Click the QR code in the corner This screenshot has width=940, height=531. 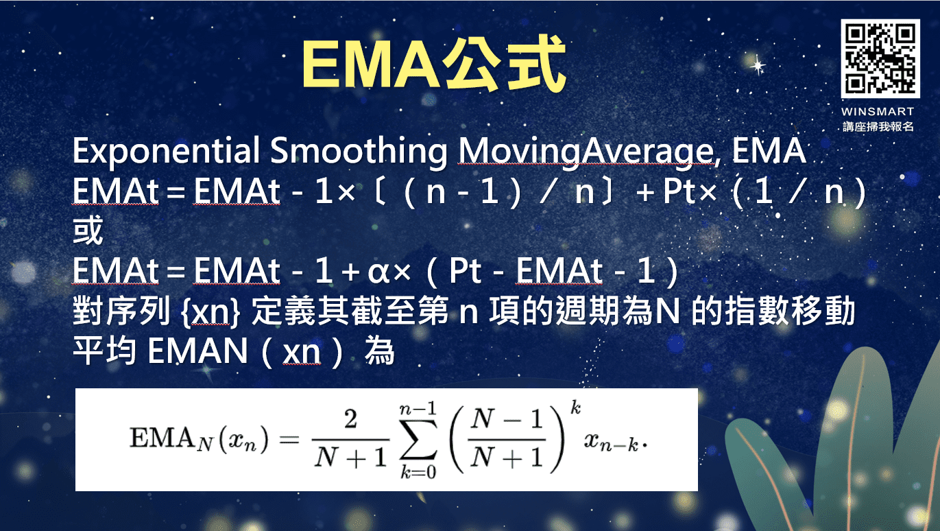pos(880,59)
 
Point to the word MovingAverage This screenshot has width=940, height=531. pos(585,152)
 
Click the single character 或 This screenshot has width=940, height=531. pos(88,232)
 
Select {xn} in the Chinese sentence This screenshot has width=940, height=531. pos(213,313)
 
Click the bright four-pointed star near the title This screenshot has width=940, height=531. pos(758,66)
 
